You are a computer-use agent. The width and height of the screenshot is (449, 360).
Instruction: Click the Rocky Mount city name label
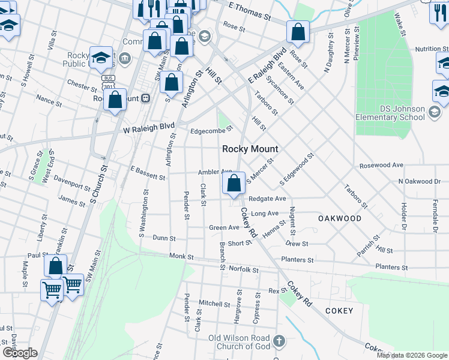pyautogui.click(x=250, y=149)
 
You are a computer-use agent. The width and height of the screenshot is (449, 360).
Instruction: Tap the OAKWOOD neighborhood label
pyautogui.click(x=340, y=218)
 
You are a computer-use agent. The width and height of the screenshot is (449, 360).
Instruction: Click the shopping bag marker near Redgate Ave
pyautogui.click(x=235, y=182)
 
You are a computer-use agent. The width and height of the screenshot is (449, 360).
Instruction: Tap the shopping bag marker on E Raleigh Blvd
pyautogui.click(x=298, y=31)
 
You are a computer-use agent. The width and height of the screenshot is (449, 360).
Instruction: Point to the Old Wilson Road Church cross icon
pyautogui.click(x=278, y=341)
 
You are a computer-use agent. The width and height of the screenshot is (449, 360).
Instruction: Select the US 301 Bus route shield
pyautogui.click(x=108, y=83)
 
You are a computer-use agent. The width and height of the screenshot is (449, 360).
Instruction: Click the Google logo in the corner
pyautogui.click(x=20, y=353)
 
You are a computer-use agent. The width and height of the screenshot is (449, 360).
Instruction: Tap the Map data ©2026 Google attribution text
pyautogui.click(x=412, y=355)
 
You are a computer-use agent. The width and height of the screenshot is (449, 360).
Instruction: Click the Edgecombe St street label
pyautogui.click(x=211, y=130)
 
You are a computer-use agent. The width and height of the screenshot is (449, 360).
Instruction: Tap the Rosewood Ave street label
pyautogui.click(x=381, y=165)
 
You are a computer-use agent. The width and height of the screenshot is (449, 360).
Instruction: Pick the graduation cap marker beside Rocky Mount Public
pyautogui.click(x=101, y=56)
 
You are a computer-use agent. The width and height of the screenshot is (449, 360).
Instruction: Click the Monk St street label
pyautogui.click(x=181, y=256)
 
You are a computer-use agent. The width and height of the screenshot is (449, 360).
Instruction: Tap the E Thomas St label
pyautogui.click(x=250, y=8)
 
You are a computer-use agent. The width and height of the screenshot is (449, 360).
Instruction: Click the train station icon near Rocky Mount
pyautogui.click(x=145, y=98)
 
